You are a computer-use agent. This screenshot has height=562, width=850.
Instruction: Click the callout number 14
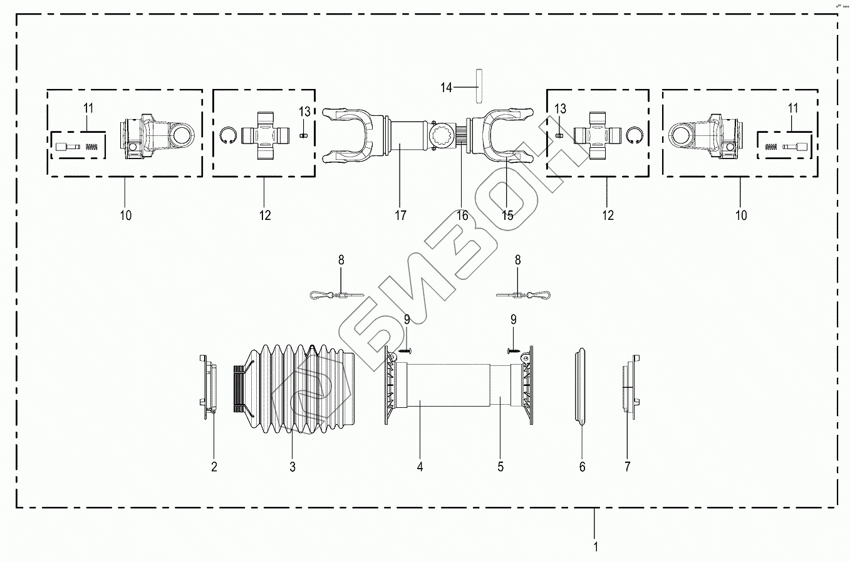tap(446, 88)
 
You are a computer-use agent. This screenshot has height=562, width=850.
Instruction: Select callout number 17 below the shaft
tap(400, 216)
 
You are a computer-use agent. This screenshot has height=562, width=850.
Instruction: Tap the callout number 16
tap(462, 216)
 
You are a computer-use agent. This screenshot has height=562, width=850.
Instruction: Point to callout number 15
tap(507, 216)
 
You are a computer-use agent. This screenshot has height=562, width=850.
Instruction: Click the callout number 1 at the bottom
tap(596, 547)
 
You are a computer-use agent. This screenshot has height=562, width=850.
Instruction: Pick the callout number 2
tap(214, 467)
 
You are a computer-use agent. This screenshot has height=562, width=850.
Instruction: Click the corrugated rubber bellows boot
tap(294, 388)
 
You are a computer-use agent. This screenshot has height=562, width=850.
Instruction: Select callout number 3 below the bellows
tap(292, 467)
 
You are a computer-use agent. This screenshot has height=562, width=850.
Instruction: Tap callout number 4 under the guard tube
tap(420, 467)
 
